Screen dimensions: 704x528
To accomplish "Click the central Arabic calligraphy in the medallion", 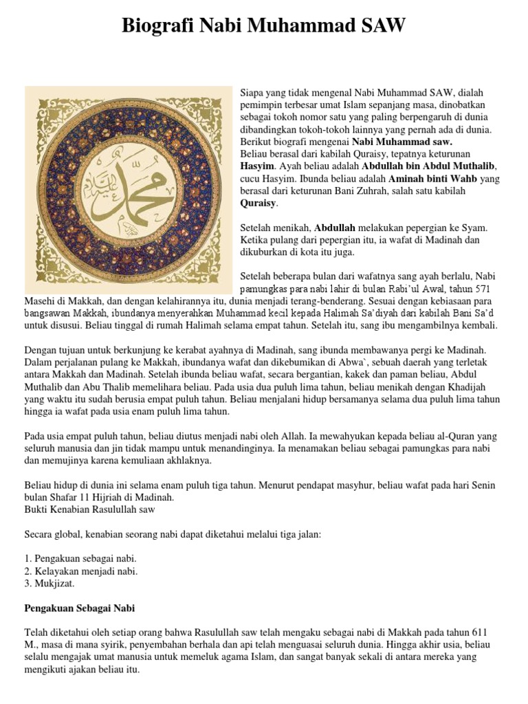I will [x=128, y=190].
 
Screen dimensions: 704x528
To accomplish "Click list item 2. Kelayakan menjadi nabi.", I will [x=81, y=571].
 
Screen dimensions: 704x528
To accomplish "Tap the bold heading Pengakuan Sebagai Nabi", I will [x=80, y=608].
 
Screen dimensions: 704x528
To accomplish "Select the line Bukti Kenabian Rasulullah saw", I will [x=89, y=509].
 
